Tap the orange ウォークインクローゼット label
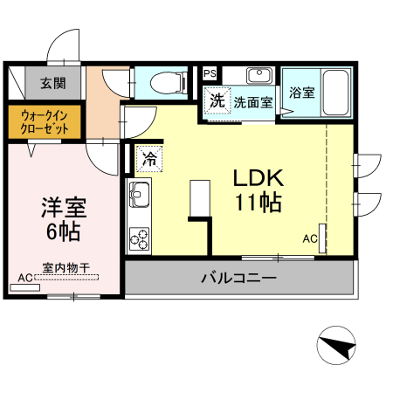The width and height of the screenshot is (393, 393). click(45, 121)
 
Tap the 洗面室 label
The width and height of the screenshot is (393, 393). click(252, 101)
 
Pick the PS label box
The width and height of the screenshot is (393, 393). click(209, 73)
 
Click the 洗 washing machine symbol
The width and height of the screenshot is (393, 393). click(216, 99)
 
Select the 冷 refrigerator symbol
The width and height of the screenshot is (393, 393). click(148, 158)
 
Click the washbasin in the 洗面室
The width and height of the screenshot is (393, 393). click(259, 76)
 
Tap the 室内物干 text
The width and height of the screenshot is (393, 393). click(65, 268)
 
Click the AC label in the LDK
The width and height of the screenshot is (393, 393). click(310, 238)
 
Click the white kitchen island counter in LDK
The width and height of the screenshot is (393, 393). click(200, 196)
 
